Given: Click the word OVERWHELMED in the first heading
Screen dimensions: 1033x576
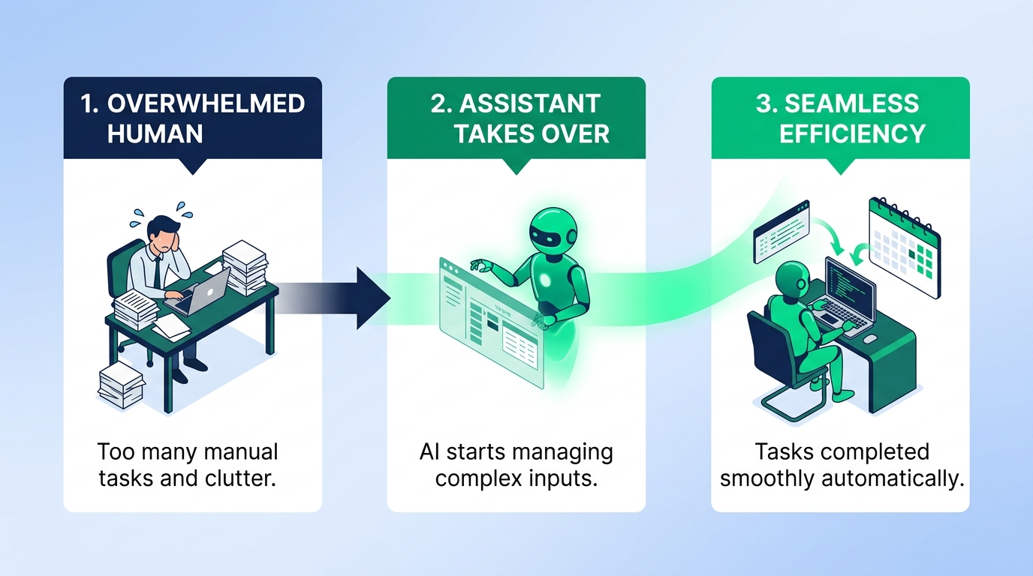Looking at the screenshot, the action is [x=206, y=103].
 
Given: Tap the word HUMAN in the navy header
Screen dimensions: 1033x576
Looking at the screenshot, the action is [x=155, y=134].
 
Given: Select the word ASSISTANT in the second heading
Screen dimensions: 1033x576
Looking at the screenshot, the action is [x=530, y=103].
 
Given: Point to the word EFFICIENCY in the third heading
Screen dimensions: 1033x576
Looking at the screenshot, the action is [x=852, y=134].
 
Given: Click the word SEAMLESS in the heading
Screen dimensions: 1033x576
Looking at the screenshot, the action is [x=852, y=103].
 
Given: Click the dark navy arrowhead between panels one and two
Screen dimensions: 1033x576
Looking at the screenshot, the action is [x=372, y=298].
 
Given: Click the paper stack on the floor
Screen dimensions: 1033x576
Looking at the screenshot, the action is [x=121, y=385].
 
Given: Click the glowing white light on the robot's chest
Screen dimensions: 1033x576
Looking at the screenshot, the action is [x=545, y=280].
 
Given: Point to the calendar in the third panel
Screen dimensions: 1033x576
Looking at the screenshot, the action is [x=904, y=247].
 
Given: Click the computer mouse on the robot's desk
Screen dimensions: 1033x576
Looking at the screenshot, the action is [x=870, y=339].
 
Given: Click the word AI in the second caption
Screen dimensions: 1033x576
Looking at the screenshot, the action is [x=429, y=452].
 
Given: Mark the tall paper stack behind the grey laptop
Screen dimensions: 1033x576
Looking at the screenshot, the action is [x=245, y=268].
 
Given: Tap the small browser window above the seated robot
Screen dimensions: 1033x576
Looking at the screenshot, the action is [x=782, y=231].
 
